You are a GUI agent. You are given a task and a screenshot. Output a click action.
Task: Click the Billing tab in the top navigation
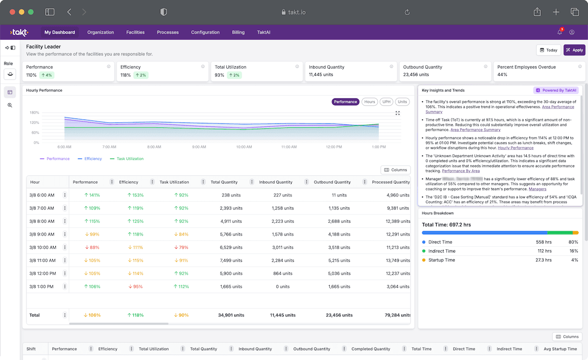pos(238,32)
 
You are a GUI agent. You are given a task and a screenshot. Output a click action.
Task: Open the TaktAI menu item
pos(264,32)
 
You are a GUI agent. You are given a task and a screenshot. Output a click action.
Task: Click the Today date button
pos(548,50)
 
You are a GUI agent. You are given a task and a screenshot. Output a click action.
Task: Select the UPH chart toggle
pos(387,102)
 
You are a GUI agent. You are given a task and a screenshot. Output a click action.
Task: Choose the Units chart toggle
pos(402,102)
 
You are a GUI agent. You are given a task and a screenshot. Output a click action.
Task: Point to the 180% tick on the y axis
pos(34,112)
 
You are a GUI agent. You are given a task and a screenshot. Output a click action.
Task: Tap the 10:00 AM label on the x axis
pos(244,147)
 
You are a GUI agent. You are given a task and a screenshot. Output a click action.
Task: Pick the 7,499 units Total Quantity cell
pos(232,261)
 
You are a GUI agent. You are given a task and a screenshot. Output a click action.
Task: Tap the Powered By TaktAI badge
pos(556,90)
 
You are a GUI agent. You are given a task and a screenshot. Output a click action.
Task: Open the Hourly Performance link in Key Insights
pos(515,148)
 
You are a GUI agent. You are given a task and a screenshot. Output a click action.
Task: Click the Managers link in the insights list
pos(537,189)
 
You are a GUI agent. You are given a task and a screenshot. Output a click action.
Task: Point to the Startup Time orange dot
pos(424,260)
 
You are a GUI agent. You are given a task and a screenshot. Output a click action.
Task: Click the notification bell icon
pos(560,32)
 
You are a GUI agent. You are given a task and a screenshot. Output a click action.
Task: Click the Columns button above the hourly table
pos(395,170)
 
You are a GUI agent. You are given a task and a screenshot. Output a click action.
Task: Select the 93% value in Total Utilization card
pos(219,75)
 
